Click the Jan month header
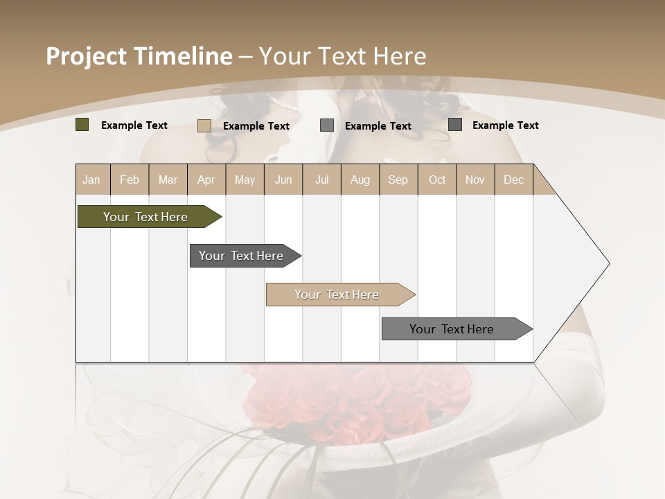(x=91, y=180)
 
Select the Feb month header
(x=130, y=180)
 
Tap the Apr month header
(x=206, y=180)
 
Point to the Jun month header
(x=283, y=180)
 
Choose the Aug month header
(x=360, y=180)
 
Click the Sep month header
(x=398, y=180)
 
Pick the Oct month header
(x=437, y=180)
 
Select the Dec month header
(x=513, y=180)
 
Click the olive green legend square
(x=82, y=125)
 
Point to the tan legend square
(x=204, y=125)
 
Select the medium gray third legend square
(x=327, y=125)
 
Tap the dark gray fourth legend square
(x=455, y=125)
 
